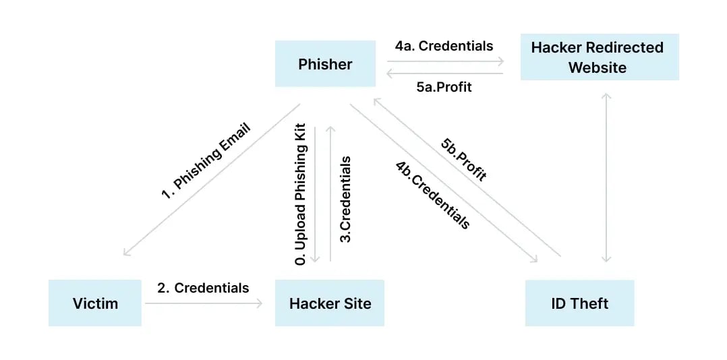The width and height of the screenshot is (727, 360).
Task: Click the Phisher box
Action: click(325, 64)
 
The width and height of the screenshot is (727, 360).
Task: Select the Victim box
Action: click(95, 303)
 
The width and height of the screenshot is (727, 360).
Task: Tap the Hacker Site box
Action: click(330, 303)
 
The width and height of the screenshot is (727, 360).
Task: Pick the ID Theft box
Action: click(579, 303)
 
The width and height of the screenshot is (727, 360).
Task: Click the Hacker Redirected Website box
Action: click(600, 57)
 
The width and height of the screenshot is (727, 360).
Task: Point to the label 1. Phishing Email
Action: click(205, 160)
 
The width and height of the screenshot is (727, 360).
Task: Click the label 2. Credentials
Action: click(203, 288)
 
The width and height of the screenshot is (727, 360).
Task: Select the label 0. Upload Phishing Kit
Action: click(301, 194)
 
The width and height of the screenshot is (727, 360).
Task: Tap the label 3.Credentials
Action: click(345, 199)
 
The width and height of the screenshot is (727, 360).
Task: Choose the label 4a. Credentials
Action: click(444, 46)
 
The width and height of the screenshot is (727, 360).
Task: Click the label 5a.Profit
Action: click(444, 87)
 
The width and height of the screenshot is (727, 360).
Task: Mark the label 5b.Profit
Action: click(463, 159)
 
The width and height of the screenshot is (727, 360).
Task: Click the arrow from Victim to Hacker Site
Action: click(203, 304)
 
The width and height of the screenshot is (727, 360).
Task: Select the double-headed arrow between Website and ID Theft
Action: click(606, 178)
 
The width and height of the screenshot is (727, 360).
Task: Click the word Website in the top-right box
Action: click(597, 67)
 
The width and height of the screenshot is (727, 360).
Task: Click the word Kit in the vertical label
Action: click(301, 133)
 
